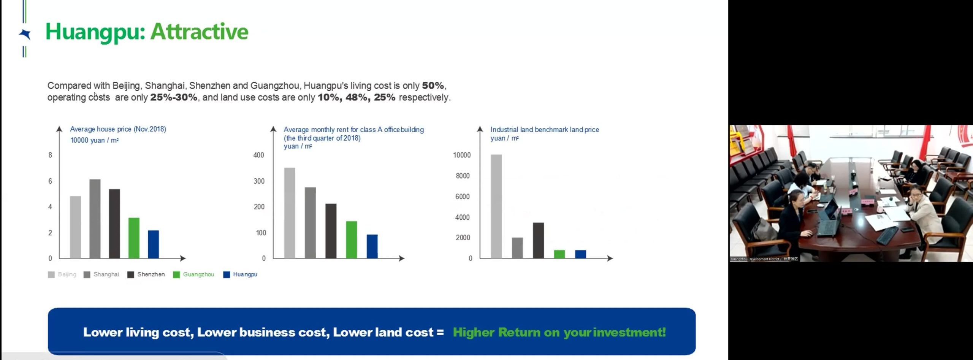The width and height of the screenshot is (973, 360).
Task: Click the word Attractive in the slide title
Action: click(x=200, y=32)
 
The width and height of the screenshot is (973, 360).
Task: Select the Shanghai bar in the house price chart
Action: click(x=95, y=219)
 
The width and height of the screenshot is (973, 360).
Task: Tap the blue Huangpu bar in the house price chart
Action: click(x=154, y=244)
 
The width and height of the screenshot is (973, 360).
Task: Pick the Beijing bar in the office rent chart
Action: click(x=290, y=213)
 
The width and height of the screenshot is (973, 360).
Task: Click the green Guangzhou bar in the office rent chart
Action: click(x=352, y=239)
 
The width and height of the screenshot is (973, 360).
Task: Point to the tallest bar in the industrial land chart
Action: click(x=496, y=206)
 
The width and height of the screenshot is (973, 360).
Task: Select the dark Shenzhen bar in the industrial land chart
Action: click(x=539, y=240)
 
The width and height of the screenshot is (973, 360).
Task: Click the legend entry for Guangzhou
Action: click(x=193, y=274)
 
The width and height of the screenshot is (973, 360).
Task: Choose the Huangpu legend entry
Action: click(x=240, y=274)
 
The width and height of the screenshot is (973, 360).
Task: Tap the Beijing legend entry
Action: click(x=62, y=274)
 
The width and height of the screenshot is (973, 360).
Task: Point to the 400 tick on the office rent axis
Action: click(x=259, y=155)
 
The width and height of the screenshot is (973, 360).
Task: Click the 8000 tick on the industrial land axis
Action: click(x=463, y=176)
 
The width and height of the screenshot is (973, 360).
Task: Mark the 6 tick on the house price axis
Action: click(x=50, y=181)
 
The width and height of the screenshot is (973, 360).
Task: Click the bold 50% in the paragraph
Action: click(x=433, y=86)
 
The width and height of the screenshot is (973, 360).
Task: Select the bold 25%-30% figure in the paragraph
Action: click(x=174, y=97)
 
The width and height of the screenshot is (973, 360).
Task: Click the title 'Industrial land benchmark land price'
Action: click(x=545, y=130)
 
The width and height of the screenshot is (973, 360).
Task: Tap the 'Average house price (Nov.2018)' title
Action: click(x=118, y=129)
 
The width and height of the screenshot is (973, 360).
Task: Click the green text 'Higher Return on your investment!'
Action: click(x=559, y=332)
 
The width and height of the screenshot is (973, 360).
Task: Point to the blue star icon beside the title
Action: click(x=25, y=34)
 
